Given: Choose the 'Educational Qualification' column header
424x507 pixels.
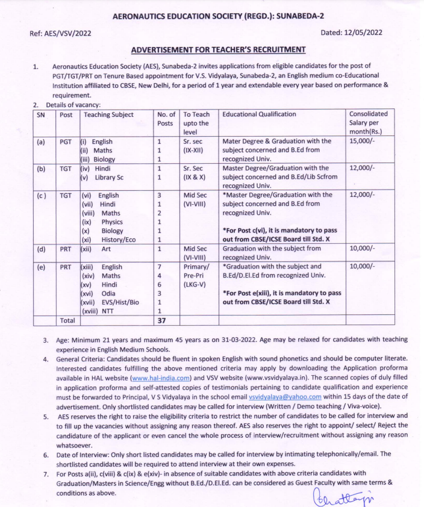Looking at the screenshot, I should click(259, 114).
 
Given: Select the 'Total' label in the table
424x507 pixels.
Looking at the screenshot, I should click(67, 321).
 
